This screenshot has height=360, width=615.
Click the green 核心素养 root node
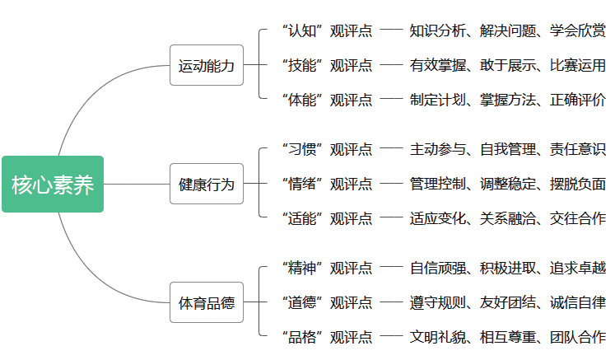[53, 185]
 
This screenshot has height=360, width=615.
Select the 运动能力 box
[207, 66]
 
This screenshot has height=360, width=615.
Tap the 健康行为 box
[207, 185]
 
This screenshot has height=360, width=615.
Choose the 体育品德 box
[207, 303]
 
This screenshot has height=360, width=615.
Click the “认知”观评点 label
[327, 30]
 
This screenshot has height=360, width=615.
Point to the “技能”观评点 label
[327, 65]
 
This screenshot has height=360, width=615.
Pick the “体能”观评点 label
[327, 100]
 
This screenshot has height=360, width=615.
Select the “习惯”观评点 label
[327, 149]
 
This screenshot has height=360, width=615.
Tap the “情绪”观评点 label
[327, 184]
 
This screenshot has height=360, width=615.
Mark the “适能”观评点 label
[327, 218]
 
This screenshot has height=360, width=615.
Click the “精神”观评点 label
[327, 268]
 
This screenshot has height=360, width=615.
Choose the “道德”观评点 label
[327, 302]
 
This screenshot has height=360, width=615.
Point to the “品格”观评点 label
[327, 337]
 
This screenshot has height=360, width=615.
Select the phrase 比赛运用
[578, 65]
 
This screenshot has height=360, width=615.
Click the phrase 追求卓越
[578, 268]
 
